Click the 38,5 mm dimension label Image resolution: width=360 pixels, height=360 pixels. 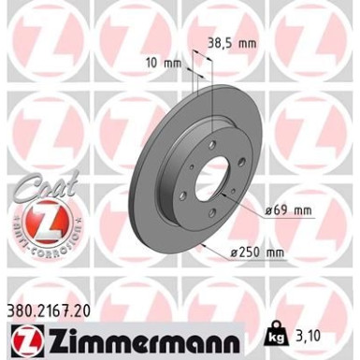pos(230,43)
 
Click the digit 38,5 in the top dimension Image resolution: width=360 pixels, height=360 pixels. pos(222,43)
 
